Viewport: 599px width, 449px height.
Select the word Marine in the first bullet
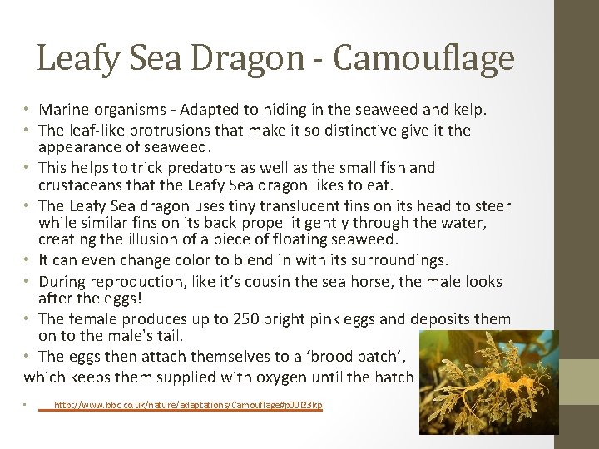(63, 109)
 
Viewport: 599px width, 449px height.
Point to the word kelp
(468, 109)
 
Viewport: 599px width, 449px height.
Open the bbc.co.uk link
(187, 406)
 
